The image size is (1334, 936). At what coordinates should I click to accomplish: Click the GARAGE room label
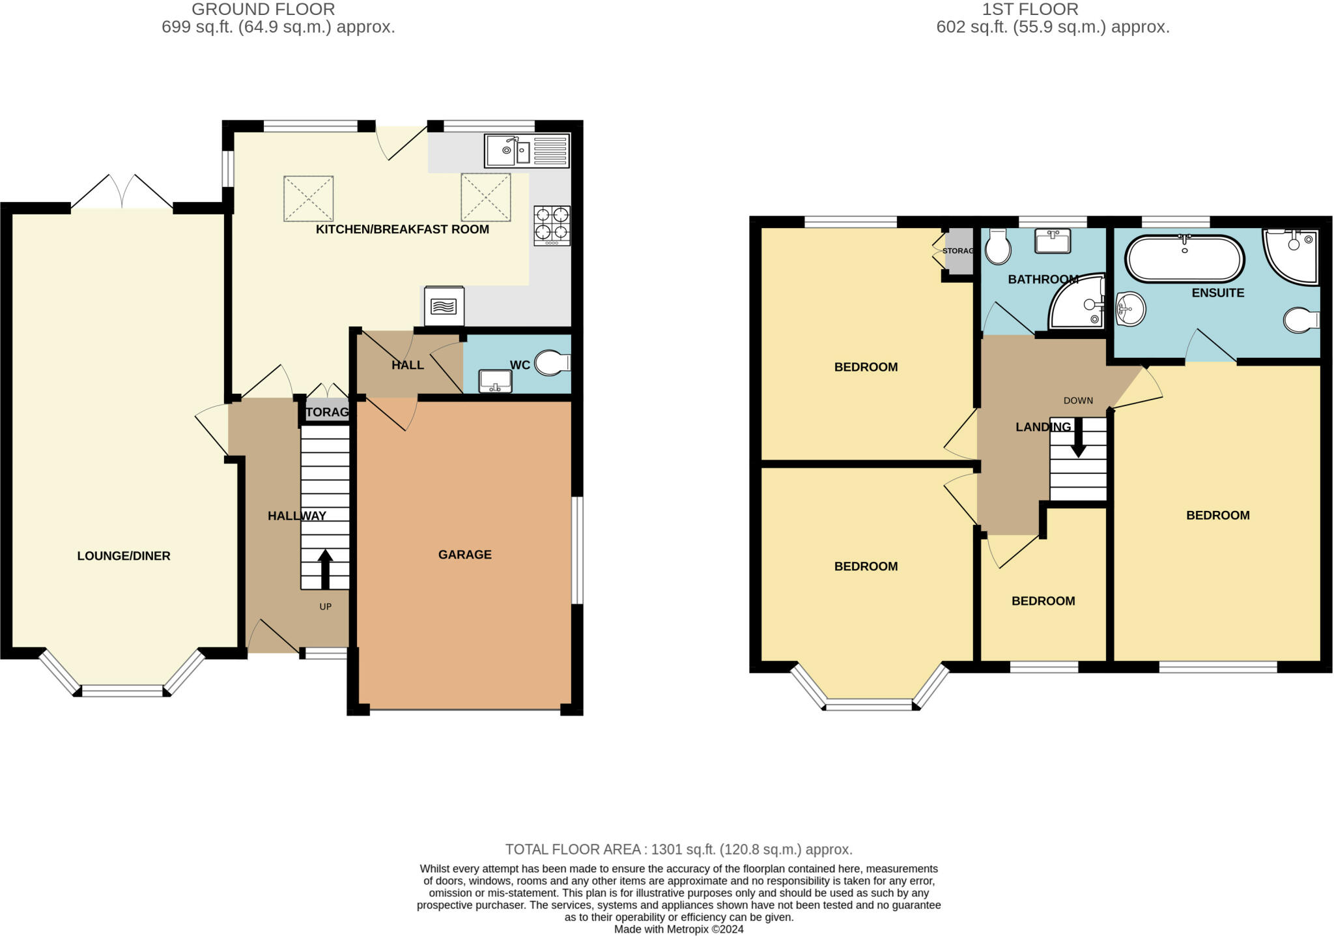pyautogui.click(x=464, y=555)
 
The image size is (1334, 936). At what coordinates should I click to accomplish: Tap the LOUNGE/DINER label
pyautogui.click(x=124, y=556)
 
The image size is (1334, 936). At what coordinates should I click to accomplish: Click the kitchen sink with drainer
pyautogui.click(x=527, y=151)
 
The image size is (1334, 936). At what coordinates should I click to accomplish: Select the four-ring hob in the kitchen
pyautogui.click(x=552, y=226)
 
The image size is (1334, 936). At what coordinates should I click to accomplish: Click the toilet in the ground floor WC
pyautogui.click(x=551, y=363)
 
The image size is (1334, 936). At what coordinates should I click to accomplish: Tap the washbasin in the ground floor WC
pyautogui.click(x=495, y=381)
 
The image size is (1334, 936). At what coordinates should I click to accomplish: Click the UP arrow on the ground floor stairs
pyautogui.click(x=324, y=569)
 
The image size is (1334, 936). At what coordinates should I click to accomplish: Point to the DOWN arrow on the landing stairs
pyautogui.click(x=1078, y=437)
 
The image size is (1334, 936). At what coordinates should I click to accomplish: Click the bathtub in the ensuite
pyautogui.click(x=1185, y=259)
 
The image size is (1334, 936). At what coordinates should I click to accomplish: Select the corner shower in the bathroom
pyautogui.click(x=1079, y=303)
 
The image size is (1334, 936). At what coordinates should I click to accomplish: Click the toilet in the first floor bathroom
pyautogui.click(x=997, y=246)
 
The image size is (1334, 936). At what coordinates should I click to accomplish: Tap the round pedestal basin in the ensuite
pyautogui.click(x=1131, y=308)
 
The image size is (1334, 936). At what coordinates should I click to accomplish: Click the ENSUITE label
pyautogui.click(x=1217, y=293)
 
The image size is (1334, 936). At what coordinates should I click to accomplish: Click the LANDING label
pyautogui.click(x=1043, y=427)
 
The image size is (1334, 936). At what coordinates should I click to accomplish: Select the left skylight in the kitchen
pyautogui.click(x=308, y=198)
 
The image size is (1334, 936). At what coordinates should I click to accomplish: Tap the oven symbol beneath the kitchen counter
pyautogui.click(x=444, y=306)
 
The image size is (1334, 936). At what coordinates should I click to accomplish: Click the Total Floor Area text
pyautogui.click(x=678, y=849)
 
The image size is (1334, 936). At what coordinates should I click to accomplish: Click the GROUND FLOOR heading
pyautogui.click(x=263, y=9)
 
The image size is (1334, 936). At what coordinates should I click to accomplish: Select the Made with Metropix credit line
pyautogui.click(x=678, y=929)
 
